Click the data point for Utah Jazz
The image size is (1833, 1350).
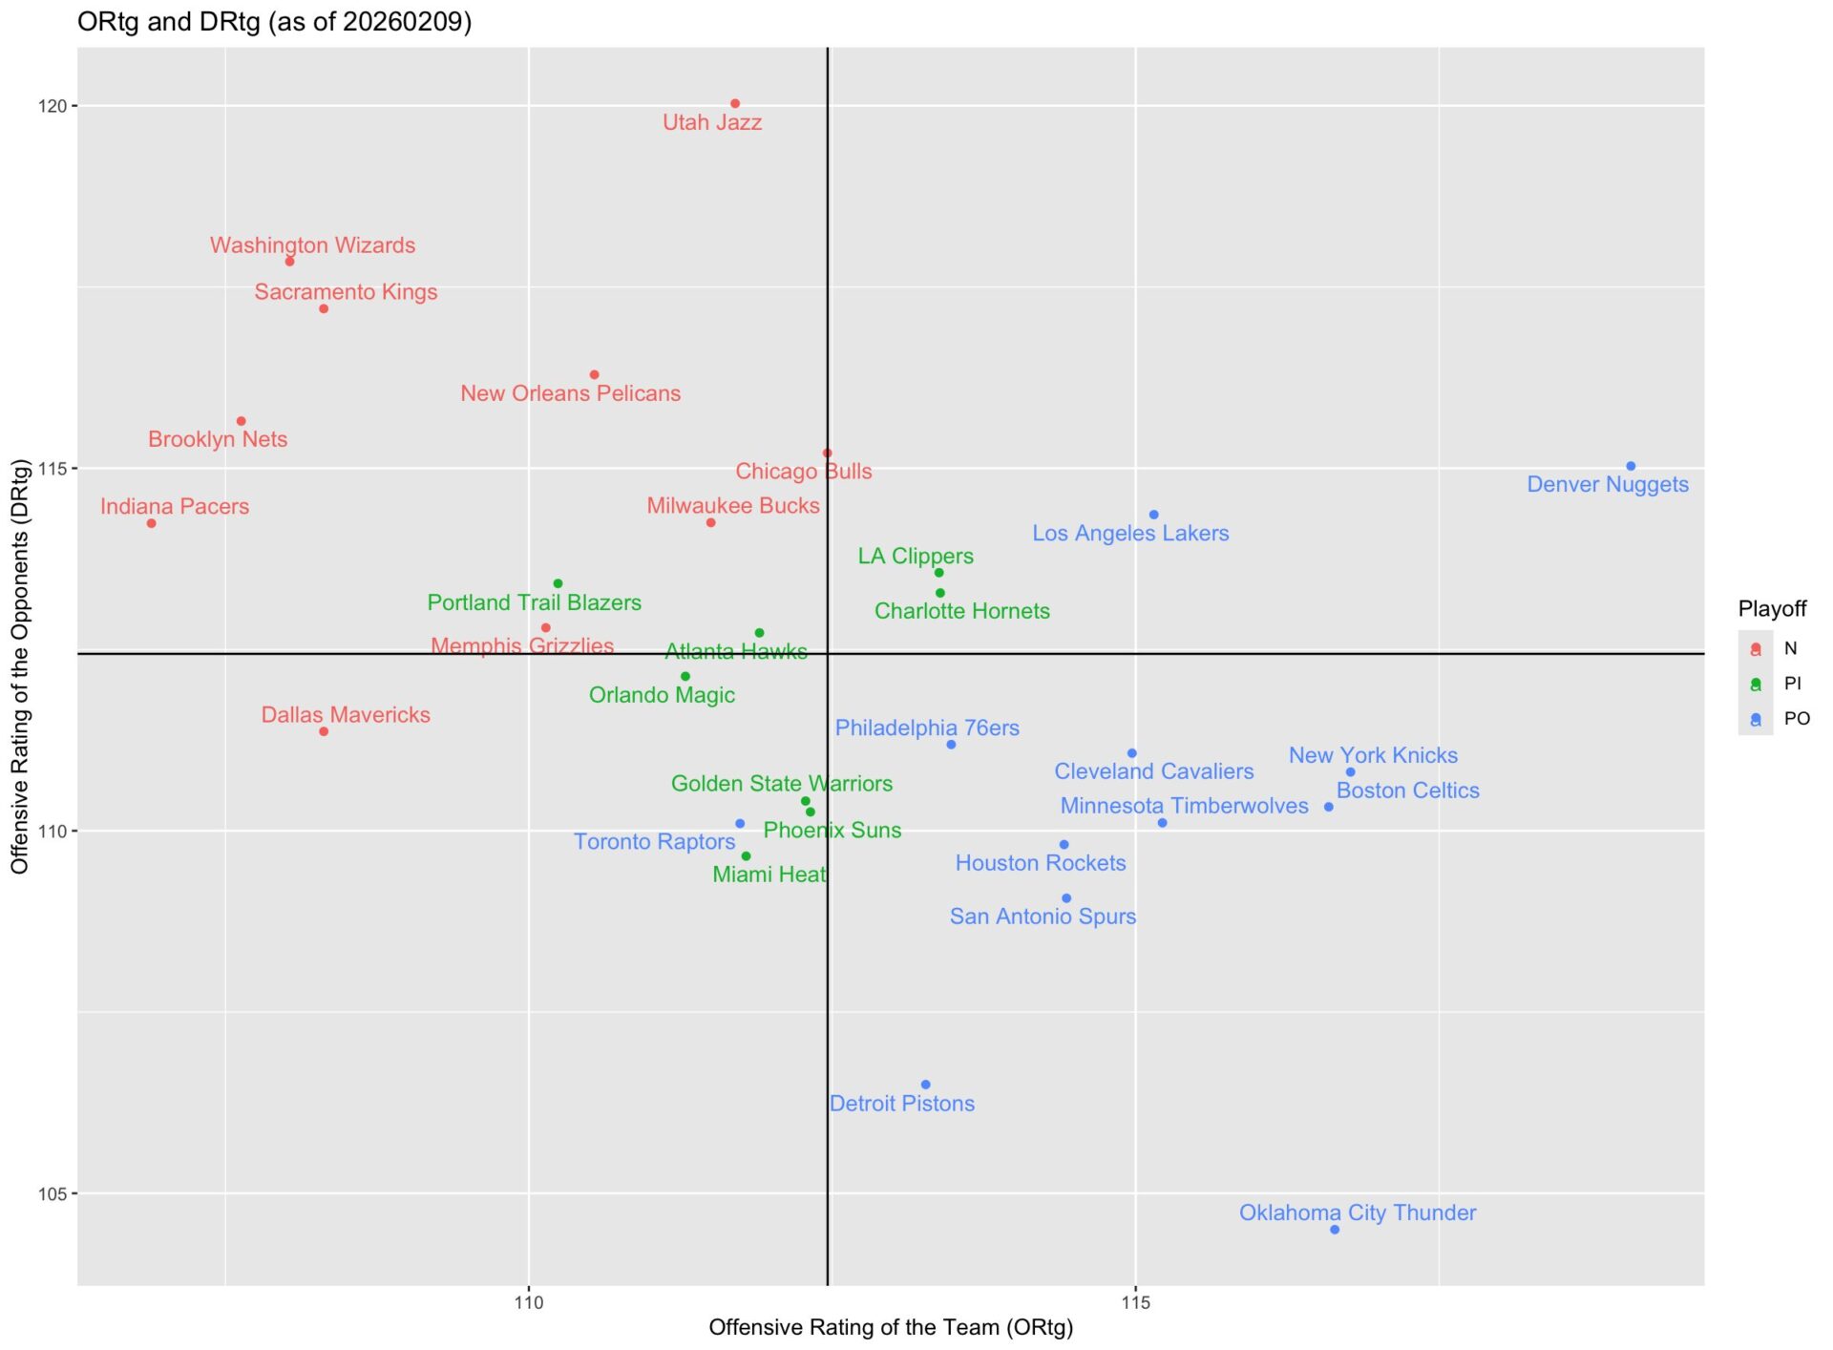(x=735, y=104)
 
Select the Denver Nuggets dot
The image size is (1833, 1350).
(x=1631, y=467)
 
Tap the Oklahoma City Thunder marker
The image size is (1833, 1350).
(x=1335, y=1230)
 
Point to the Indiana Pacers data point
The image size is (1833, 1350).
(x=151, y=523)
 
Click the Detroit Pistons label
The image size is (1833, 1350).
(x=901, y=1104)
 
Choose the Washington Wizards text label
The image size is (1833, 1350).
(x=312, y=245)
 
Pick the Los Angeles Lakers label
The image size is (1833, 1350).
(x=1130, y=534)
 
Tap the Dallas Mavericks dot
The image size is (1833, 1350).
(x=324, y=732)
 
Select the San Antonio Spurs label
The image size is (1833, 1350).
(x=1043, y=917)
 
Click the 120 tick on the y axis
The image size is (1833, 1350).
(x=53, y=106)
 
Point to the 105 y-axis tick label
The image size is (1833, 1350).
(x=53, y=1194)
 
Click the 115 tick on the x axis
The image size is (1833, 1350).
(x=1135, y=1302)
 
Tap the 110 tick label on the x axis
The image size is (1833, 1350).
(x=528, y=1302)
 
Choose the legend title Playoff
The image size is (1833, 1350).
(x=1772, y=609)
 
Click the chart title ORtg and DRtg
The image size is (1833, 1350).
(x=274, y=22)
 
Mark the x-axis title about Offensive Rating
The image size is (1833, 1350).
(x=891, y=1327)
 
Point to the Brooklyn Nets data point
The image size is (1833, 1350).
(x=242, y=421)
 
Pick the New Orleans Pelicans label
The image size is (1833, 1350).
(x=570, y=393)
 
